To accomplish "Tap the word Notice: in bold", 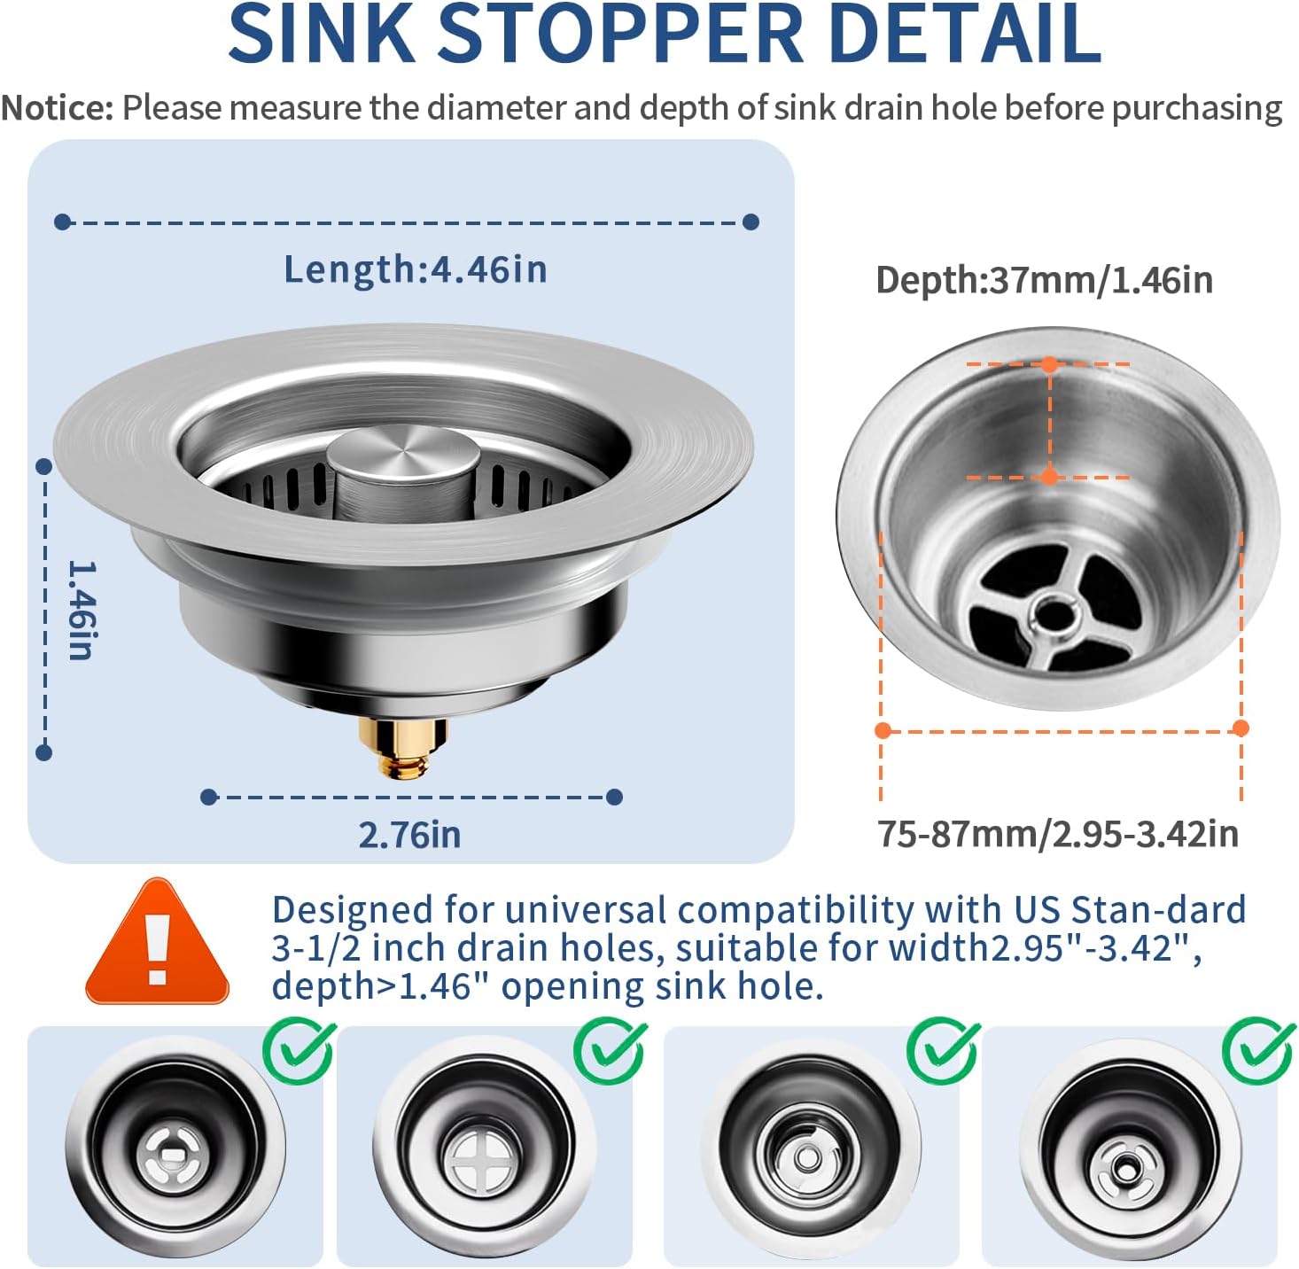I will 58,108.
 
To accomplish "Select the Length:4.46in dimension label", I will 415,269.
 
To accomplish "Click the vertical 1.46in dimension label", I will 82,610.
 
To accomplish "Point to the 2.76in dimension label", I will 409,835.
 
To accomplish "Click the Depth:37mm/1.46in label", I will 1044,280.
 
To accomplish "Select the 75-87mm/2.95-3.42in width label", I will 1058,834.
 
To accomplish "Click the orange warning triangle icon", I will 157,945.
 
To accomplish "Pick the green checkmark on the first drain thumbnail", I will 299,1051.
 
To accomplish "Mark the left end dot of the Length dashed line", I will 62,222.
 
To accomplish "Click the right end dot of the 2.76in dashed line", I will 614,797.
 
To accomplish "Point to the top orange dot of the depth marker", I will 1049,364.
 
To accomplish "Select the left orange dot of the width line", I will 883,730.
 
